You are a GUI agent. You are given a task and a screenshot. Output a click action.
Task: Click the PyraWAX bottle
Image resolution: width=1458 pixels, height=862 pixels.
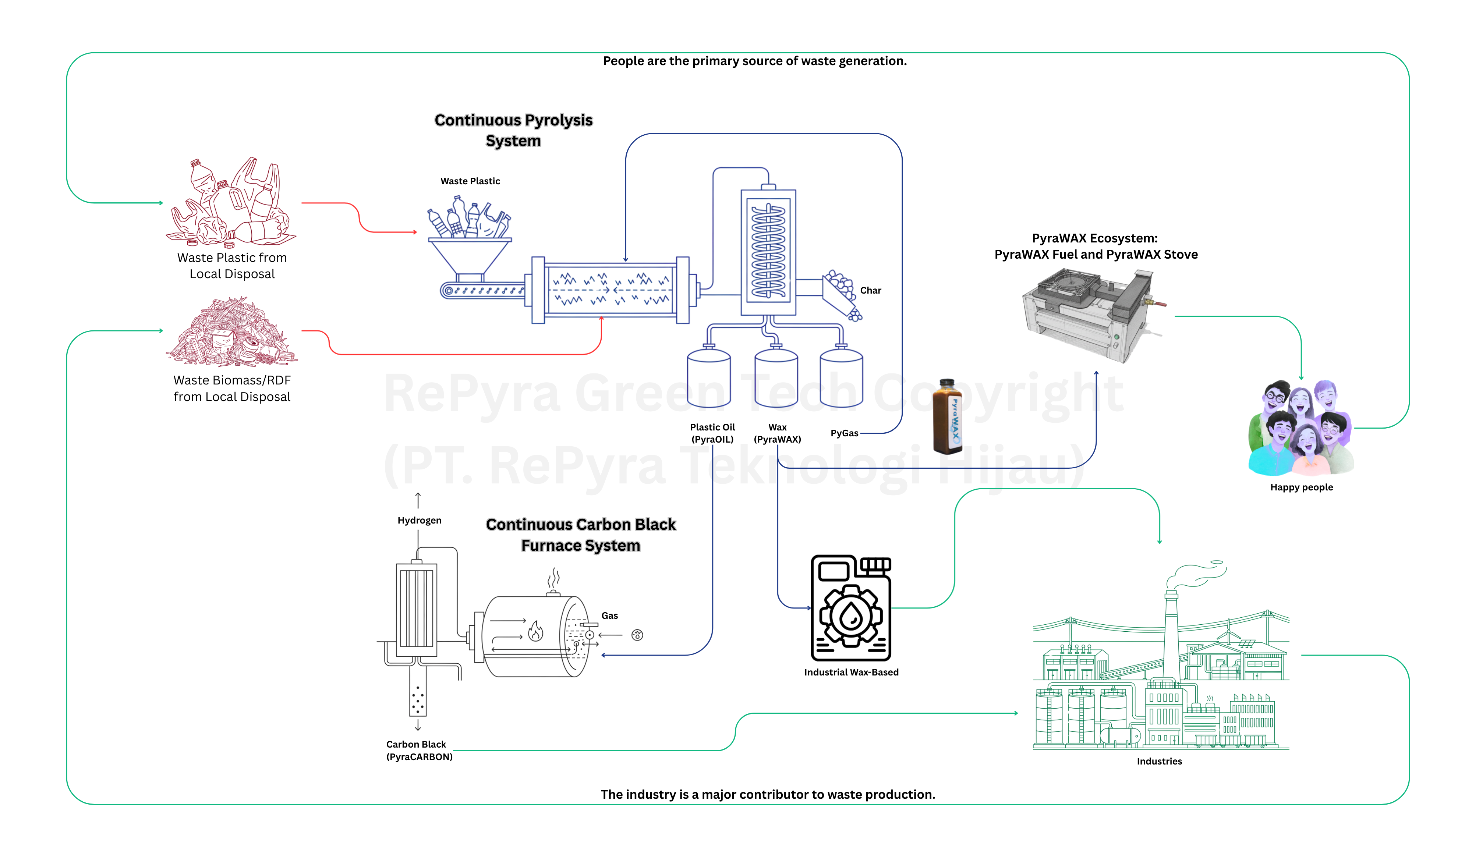coord(947,416)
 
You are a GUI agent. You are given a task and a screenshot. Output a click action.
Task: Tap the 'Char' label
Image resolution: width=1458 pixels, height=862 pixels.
coord(870,290)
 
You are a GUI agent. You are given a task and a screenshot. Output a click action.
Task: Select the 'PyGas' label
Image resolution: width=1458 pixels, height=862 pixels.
coord(844,433)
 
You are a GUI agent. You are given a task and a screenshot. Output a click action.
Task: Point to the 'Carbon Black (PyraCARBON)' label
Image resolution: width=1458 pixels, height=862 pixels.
coord(419,751)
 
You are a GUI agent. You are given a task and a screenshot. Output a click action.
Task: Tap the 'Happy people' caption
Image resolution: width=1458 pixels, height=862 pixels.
coord(1301,487)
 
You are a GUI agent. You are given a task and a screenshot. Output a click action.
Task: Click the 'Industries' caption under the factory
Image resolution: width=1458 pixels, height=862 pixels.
coord(1159,762)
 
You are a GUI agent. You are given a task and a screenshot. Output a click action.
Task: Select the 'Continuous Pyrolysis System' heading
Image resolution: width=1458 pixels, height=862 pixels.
coord(513,130)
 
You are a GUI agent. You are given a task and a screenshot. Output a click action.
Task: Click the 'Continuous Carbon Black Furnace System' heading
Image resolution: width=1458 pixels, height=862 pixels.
coord(580,535)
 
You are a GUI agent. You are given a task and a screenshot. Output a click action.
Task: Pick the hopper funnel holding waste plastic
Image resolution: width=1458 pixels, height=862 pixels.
coord(469,256)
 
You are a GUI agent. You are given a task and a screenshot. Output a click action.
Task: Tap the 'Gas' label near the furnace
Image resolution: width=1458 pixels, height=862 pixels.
coord(609,616)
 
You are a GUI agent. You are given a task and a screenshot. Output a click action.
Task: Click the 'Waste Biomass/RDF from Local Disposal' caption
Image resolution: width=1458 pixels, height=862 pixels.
coord(232,389)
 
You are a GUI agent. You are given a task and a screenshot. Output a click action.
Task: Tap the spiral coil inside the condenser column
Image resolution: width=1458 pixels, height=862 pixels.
coord(768,251)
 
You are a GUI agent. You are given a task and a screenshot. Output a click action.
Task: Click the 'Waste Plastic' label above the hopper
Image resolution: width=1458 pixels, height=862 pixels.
coord(470,181)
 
